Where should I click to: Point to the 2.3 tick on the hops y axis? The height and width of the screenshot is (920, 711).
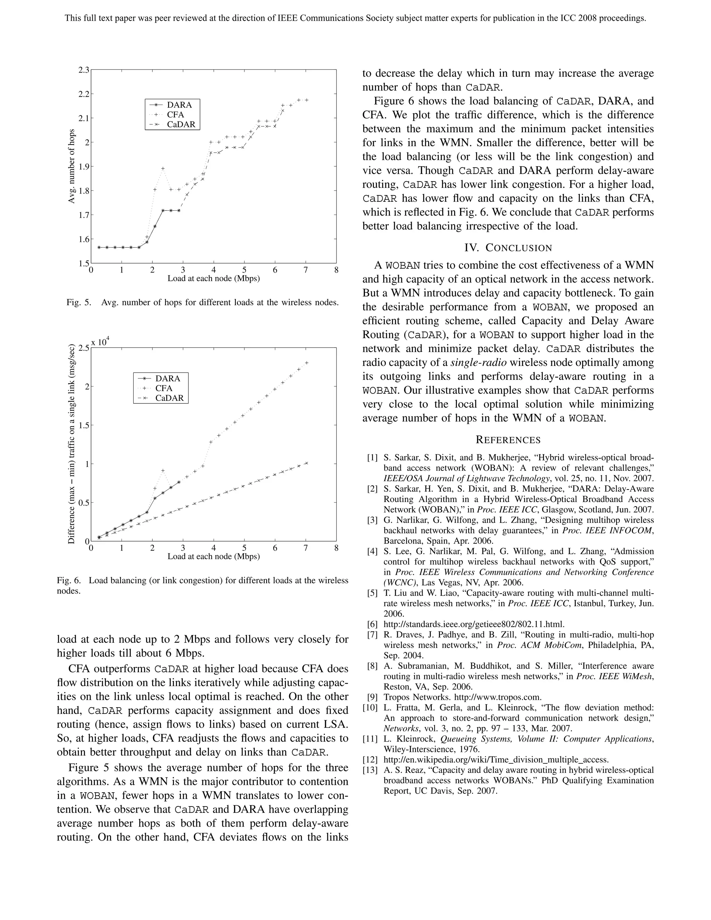pos(84,69)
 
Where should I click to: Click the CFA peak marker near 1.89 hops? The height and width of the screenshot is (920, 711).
pos(163,168)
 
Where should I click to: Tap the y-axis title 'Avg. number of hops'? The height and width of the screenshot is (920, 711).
pos(71,166)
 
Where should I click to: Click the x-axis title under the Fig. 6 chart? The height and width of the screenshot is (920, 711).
pos(214,556)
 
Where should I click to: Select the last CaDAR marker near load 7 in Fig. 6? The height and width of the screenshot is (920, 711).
pos(307,463)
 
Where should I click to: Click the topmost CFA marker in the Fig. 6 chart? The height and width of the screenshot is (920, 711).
pos(307,362)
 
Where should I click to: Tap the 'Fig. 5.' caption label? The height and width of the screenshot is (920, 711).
pos(79,302)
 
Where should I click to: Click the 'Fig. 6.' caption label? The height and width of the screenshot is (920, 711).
pos(69,580)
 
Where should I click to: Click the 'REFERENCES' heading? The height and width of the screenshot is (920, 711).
pos(508,440)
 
